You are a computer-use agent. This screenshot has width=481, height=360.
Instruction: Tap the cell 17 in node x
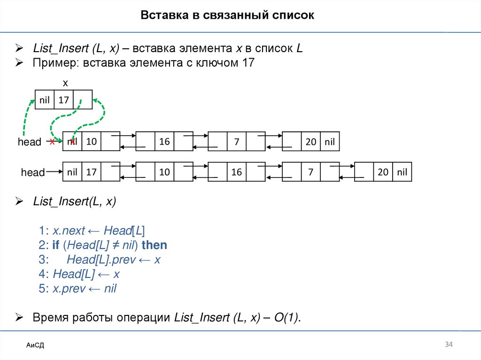tap(64, 100)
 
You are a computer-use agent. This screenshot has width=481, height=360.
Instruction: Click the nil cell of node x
tap(45, 100)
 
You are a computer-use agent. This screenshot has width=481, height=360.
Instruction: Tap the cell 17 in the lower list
tap(91, 172)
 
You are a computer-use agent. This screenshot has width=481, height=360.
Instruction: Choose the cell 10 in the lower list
tap(164, 172)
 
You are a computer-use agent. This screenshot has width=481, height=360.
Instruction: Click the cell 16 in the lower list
tap(236, 172)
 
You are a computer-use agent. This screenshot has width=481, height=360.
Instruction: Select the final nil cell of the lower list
tap(402, 172)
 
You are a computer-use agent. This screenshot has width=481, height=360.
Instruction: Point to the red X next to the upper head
tap(52, 142)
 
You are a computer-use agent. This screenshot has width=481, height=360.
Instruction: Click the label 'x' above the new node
tap(65, 83)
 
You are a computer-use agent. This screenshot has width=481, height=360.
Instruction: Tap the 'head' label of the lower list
tap(32, 173)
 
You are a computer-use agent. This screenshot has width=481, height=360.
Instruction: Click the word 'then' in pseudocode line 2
tap(154, 245)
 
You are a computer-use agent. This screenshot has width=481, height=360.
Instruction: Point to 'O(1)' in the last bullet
tap(287, 318)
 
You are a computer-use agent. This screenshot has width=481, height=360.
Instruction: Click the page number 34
tap(449, 345)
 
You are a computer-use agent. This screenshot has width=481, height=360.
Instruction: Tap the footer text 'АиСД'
tap(35, 346)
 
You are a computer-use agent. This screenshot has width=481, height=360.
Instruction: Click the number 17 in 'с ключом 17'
tap(248, 63)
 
